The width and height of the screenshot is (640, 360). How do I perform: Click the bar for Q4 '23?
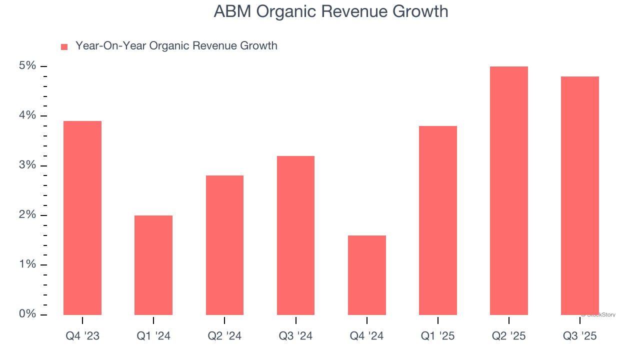(82, 218)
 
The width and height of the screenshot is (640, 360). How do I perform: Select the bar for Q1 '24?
(153, 265)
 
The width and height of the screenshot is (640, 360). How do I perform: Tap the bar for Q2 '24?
(224, 245)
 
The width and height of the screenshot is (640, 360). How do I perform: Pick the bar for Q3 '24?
(295, 235)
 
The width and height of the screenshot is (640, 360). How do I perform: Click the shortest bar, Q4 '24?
(366, 275)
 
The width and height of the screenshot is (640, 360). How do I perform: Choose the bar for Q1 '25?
(437, 220)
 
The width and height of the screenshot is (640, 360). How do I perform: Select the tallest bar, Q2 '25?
(508, 190)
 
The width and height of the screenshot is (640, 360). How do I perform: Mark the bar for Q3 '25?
(579, 195)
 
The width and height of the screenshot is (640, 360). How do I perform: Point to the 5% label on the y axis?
(27, 66)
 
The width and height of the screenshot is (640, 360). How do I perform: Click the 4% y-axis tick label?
(27, 115)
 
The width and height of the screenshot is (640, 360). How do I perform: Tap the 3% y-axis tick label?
(27, 165)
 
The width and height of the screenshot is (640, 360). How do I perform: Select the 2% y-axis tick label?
(27, 215)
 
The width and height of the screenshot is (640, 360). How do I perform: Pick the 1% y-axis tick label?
(27, 264)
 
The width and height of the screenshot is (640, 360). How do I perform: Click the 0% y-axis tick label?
(27, 314)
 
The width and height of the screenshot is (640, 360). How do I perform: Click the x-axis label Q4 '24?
(366, 336)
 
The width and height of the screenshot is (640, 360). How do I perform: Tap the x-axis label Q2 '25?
(508, 336)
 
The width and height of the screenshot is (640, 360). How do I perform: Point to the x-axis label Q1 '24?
(153, 336)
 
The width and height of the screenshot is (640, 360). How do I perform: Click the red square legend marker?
(64, 47)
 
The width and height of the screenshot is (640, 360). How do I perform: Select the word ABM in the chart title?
(232, 11)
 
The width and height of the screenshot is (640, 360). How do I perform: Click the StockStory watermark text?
(598, 315)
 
